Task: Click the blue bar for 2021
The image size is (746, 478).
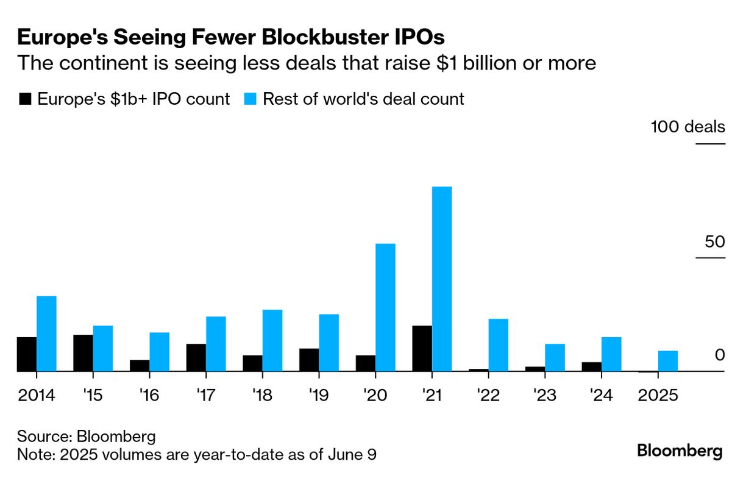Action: pos(442,279)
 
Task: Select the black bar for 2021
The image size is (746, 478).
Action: pos(422,348)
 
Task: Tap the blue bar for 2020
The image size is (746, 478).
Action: pos(385,307)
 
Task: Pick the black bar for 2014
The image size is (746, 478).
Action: pos(27,354)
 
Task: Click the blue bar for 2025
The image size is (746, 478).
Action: pos(668,361)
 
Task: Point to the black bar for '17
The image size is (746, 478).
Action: pos(196,357)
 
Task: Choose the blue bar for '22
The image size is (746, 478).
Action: pos(499,345)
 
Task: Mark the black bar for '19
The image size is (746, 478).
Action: pos(309,360)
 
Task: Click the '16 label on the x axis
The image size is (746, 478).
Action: pos(149,395)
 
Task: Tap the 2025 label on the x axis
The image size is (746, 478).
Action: pos(658,395)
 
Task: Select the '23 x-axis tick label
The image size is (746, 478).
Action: pos(545,395)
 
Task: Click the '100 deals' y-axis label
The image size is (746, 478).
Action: pos(688,127)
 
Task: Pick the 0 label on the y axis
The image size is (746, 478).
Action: pos(719,355)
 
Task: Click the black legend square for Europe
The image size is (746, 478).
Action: pos(25,99)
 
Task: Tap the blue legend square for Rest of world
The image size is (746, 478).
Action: pos(250,99)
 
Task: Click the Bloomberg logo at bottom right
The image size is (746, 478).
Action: pos(680,451)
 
